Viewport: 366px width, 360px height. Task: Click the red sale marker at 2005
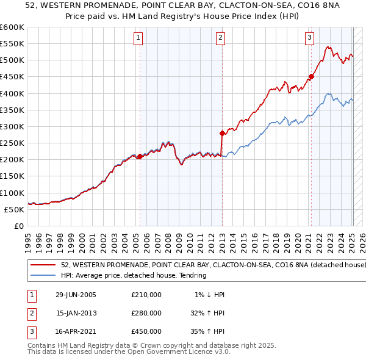coord(140,156)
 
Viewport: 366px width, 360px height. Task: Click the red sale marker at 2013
coord(222,132)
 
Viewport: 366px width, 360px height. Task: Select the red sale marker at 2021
coord(311,76)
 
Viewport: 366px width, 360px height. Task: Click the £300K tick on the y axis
coord(12,126)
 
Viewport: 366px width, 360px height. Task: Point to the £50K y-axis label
coord(14,209)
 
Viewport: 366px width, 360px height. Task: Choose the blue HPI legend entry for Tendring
coord(134,275)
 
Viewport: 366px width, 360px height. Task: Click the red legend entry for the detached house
coord(213,265)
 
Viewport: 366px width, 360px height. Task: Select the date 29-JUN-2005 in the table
coord(76,295)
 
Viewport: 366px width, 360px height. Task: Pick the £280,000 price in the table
coord(146,313)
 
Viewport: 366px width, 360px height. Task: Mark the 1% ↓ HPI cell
coord(209,295)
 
